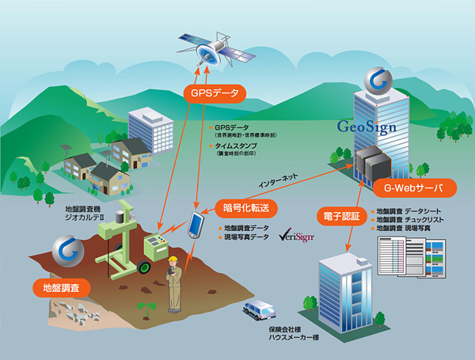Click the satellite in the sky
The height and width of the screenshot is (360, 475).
(x=211, y=50)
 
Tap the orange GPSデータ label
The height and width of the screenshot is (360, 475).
(x=214, y=92)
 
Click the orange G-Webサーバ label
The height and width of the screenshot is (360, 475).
(x=408, y=188)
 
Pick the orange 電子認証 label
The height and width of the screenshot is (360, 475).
(x=342, y=214)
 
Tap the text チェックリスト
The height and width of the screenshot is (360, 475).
(x=432, y=221)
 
